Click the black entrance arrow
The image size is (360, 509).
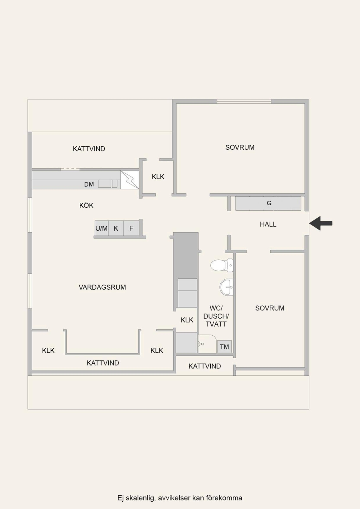tap(321, 223)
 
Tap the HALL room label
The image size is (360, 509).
tap(268, 224)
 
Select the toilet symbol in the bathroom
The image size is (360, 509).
tap(221, 265)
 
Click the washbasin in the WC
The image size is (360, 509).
tap(226, 287)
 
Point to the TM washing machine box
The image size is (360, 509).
tap(224, 347)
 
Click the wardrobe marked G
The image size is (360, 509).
tap(268, 203)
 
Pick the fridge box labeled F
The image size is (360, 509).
tap(131, 228)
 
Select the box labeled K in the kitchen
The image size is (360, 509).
tap(116, 228)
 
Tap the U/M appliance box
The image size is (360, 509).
tap(102, 228)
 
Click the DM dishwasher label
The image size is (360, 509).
tap(89, 184)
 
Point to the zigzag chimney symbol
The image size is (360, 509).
tap(129, 180)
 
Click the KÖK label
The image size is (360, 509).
tap(86, 205)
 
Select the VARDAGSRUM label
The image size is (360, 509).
tap(102, 287)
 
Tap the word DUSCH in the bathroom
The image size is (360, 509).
tap(216, 316)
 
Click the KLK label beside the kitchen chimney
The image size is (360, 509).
tap(158, 176)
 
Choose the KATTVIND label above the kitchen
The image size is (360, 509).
tap(89, 149)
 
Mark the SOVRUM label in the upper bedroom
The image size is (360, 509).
tap(240, 147)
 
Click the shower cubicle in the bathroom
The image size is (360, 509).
tap(207, 343)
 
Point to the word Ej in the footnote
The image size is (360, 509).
tap(120, 498)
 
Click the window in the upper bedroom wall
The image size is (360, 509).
tap(244, 101)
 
